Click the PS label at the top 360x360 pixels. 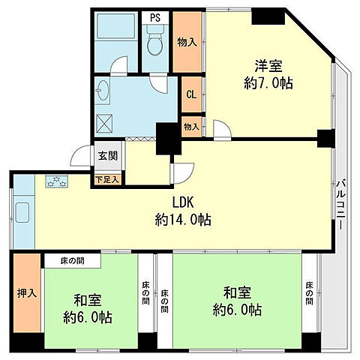155,17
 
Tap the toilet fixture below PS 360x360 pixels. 156,44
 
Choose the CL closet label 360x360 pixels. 190,94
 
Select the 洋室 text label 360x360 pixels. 265,66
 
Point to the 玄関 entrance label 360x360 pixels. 106,156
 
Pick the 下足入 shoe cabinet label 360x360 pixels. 106,179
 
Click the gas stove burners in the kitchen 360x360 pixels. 57,181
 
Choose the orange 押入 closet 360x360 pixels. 27,292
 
